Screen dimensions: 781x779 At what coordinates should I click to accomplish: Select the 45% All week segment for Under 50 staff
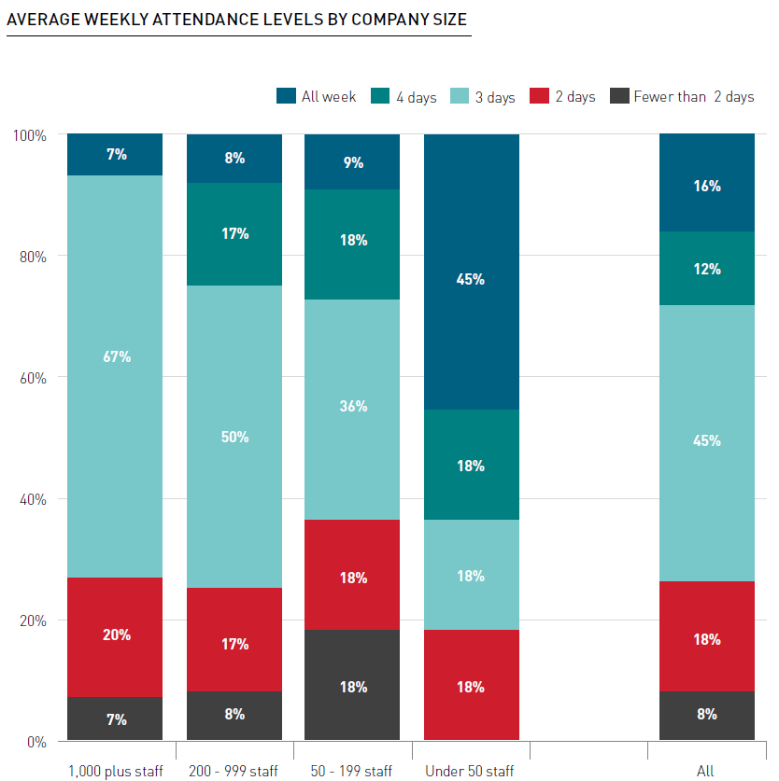(x=471, y=278)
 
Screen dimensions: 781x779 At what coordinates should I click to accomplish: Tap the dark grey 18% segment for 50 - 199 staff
(x=353, y=686)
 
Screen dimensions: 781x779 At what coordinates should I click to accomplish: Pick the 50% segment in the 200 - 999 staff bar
(x=234, y=436)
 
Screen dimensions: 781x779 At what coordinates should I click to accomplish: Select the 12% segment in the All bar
(x=706, y=269)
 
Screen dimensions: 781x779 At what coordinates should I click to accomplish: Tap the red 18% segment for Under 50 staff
(x=471, y=686)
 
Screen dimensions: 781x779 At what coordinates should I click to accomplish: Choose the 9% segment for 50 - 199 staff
(x=353, y=162)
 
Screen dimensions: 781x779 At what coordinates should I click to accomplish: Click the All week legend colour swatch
(x=286, y=96)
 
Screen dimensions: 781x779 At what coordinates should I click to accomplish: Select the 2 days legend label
(x=574, y=97)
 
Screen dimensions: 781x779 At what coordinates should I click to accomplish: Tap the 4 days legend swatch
(x=380, y=96)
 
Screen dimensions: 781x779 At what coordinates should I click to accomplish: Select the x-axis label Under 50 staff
(x=470, y=770)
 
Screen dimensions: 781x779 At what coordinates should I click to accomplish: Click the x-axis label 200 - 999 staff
(x=234, y=770)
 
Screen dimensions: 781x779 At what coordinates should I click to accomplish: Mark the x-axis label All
(x=705, y=770)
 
